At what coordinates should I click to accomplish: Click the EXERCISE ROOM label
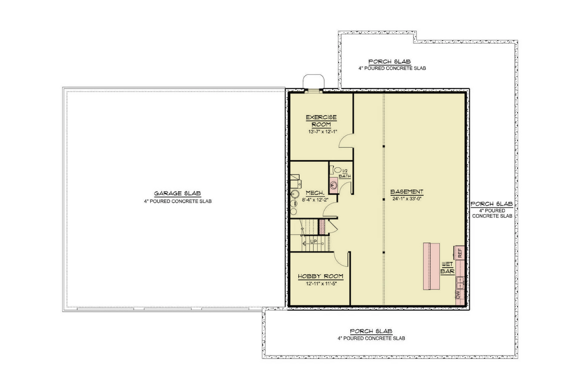click(321, 121)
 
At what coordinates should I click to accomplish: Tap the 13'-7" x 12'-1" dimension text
click(322, 132)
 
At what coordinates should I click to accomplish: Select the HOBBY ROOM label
click(321, 276)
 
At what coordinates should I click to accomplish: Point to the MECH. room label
click(315, 193)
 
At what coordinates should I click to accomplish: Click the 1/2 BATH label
click(345, 173)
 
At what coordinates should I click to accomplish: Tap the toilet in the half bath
click(336, 170)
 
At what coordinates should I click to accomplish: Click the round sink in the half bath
click(334, 185)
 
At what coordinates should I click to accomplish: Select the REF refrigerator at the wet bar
click(459, 253)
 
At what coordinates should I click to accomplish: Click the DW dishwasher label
click(458, 295)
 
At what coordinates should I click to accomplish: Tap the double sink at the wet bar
click(460, 283)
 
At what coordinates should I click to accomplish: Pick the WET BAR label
click(447, 268)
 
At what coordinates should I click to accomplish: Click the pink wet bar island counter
click(431, 266)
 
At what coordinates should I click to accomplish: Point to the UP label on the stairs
click(314, 242)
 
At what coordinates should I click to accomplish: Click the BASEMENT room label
click(406, 192)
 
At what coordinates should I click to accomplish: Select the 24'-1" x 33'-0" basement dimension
click(406, 199)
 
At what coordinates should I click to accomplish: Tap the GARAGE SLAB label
click(177, 194)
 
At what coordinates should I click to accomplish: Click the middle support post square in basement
click(383, 200)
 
